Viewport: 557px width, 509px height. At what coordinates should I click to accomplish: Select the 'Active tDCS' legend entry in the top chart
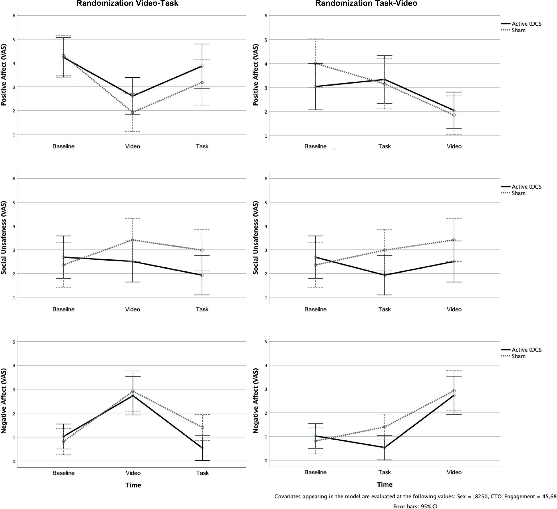[526, 24]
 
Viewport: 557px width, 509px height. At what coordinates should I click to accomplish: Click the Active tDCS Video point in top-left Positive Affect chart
[133, 96]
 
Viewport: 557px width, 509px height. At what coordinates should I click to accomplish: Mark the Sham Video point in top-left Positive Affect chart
[133, 112]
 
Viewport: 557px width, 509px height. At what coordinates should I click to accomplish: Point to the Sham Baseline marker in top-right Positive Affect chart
[315, 63]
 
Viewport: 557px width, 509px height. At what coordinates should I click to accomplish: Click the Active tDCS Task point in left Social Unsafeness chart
[202, 275]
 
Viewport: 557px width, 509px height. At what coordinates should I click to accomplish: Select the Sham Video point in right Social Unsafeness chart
[454, 240]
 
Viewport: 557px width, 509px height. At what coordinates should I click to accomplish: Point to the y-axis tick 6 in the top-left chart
[14, 16]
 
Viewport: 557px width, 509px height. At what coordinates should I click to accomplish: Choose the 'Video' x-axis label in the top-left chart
[133, 146]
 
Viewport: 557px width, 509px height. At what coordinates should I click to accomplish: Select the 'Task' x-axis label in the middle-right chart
[385, 309]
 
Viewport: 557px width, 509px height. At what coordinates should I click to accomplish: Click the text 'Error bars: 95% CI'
[415, 506]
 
